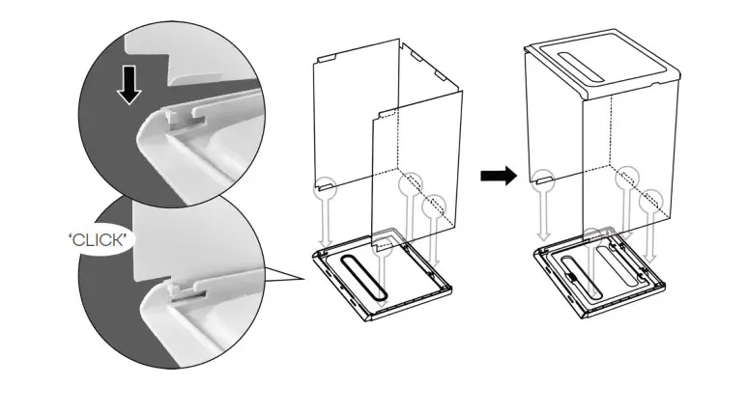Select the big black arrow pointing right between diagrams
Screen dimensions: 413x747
pyautogui.click(x=498, y=175)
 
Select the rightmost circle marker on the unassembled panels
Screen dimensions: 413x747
pyautogui.click(x=437, y=205)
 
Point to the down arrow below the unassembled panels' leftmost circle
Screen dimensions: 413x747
pyautogui.click(x=327, y=220)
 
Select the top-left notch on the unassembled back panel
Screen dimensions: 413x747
pyautogui.click(x=324, y=57)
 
